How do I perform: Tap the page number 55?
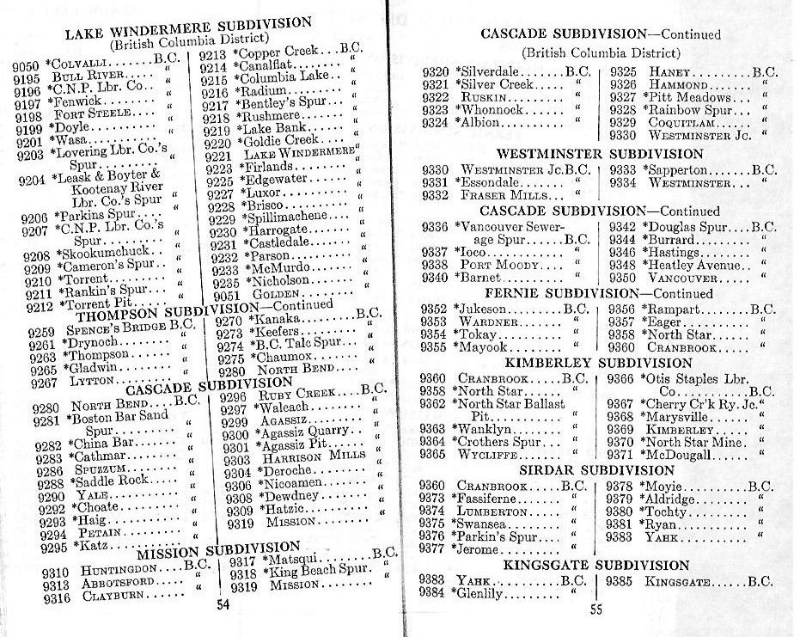598,609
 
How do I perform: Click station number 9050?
27,64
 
